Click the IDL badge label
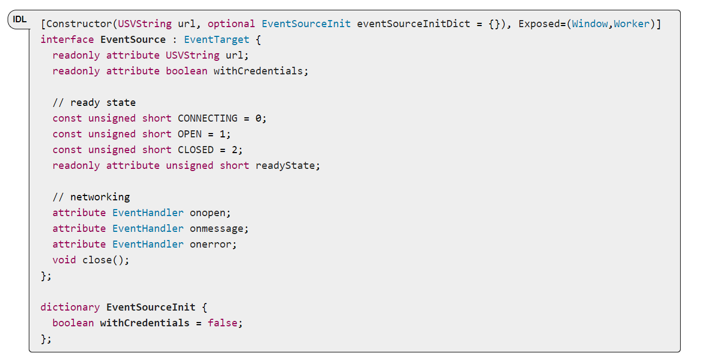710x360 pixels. pyautogui.click(x=20, y=20)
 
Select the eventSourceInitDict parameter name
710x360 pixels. pyautogui.click(x=413, y=24)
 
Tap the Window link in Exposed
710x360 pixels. pyautogui.click(x=590, y=24)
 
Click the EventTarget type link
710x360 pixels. pyautogui.click(x=217, y=40)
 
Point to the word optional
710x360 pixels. pyautogui.click(x=231, y=24)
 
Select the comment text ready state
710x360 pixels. pyautogui.click(x=103, y=103)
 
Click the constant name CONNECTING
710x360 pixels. pyautogui.click(x=208, y=118)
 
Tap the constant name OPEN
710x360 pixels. pyautogui.click(x=190, y=134)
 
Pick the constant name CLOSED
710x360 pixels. pyautogui.click(x=196, y=150)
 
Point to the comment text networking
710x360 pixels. pyautogui.click(x=100, y=197)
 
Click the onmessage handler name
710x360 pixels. pyautogui.click(x=217, y=229)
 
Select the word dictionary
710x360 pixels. pyautogui.click(x=70, y=307)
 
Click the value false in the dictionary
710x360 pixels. pyautogui.click(x=223, y=323)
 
